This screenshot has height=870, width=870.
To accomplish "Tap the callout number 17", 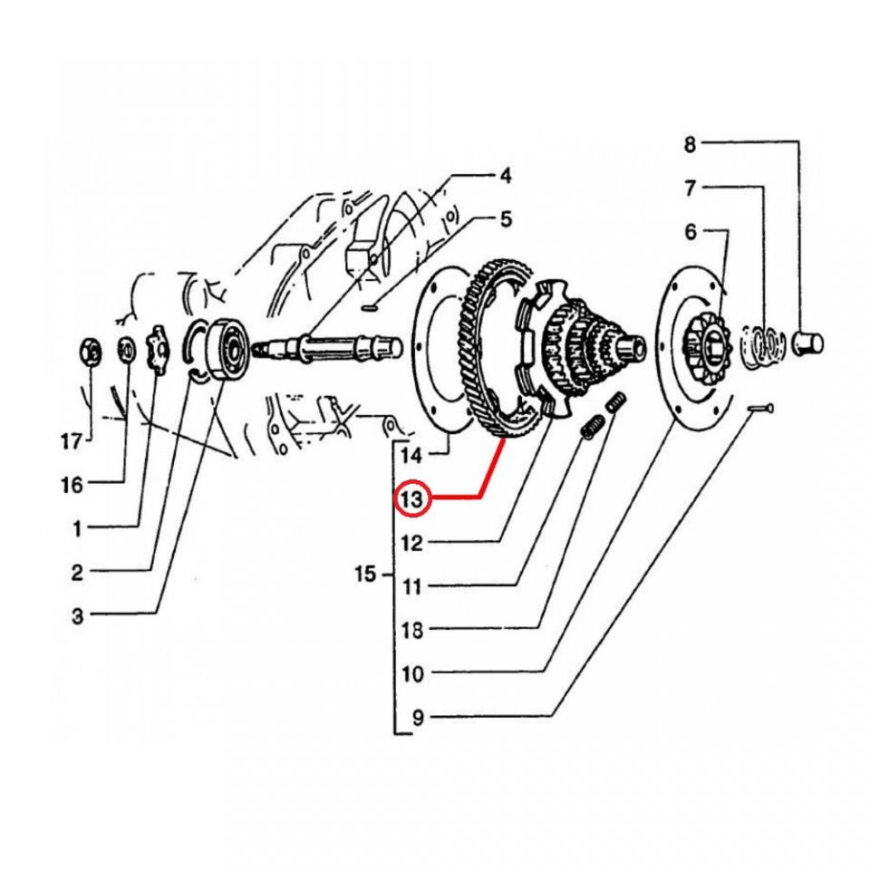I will coord(71,442).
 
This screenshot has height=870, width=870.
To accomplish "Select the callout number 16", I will coord(71,486).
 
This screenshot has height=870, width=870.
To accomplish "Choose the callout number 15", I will coord(364,575).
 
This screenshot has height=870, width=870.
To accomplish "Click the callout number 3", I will coord(77,616).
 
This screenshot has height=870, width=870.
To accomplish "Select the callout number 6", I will coord(691,233).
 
